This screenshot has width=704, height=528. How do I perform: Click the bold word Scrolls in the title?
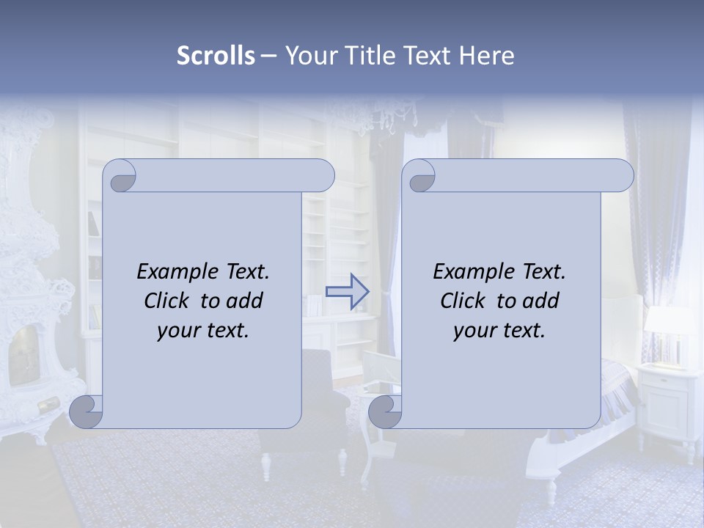point(216,56)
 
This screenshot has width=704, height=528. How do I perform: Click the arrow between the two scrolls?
point(347,292)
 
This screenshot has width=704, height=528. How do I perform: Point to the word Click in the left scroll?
point(168,301)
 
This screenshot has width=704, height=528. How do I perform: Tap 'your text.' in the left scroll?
point(203,330)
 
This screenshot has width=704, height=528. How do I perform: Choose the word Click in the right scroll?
point(464,301)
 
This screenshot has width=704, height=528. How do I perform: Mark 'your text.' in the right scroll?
point(499,330)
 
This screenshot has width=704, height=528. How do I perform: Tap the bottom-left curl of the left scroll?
point(85,411)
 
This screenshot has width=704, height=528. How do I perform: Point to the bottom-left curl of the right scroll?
point(384,411)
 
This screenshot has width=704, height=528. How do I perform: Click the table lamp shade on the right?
point(667,320)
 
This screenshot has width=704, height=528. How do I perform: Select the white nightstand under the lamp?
point(668,400)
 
